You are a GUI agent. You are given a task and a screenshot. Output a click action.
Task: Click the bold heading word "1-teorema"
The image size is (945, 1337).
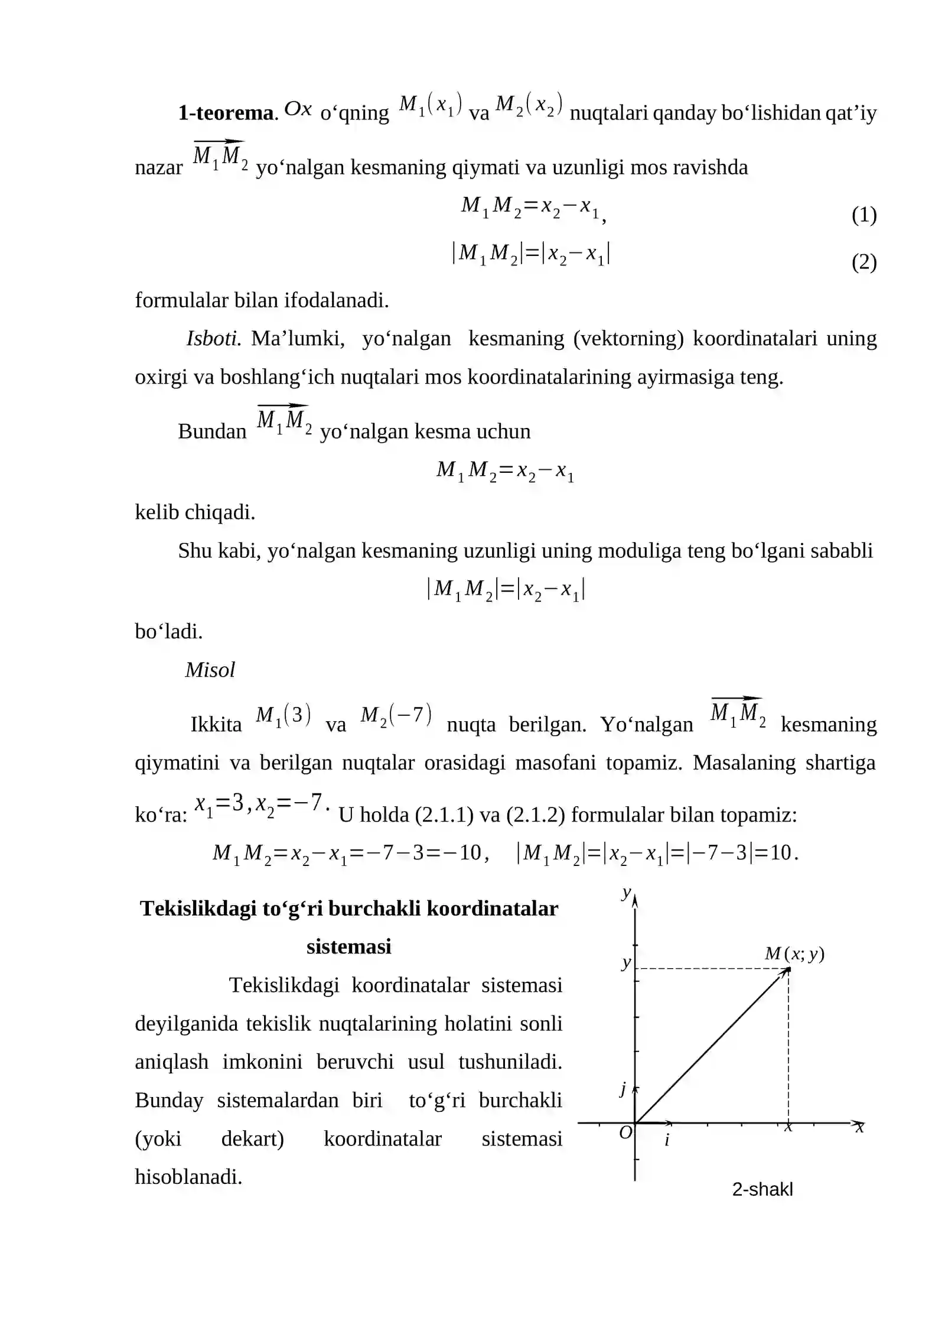(x=227, y=113)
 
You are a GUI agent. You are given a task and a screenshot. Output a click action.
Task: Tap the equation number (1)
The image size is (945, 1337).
(x=863, y=215)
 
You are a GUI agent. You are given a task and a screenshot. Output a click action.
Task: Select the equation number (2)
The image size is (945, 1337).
(x=863, y=262)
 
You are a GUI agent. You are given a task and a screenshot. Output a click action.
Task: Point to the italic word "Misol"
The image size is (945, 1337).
(x=210, y=670)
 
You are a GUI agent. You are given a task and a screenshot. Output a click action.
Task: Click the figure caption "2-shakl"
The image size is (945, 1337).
(x=762, y=1189)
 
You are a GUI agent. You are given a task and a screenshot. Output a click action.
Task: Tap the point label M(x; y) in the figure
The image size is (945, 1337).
(x=794, y=953)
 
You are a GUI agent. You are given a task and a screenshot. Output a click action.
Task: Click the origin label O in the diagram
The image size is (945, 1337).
(x=625, y=1132)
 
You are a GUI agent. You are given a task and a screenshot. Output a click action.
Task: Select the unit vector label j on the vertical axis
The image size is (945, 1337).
(x=623, y=1089)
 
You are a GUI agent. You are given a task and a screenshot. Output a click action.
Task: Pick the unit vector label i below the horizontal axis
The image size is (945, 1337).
(x=667, y=1140)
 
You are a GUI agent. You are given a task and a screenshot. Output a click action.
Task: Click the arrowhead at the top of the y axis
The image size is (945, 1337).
(x=635, y=901)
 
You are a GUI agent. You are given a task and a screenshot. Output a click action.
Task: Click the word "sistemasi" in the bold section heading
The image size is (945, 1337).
(x=348, y=947)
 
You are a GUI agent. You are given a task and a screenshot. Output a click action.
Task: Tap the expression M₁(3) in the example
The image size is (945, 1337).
(x=283, y=716)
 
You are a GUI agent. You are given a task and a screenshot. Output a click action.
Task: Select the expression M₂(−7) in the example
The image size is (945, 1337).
(x=396, y=716)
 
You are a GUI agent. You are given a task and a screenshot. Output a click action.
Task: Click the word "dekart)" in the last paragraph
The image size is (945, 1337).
(x=252, y=1138)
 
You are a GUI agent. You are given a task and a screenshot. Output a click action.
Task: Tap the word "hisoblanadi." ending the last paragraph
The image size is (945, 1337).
(x=188, y=1177)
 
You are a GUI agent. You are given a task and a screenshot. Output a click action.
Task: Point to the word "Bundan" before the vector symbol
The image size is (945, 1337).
(x=212, y=431)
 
